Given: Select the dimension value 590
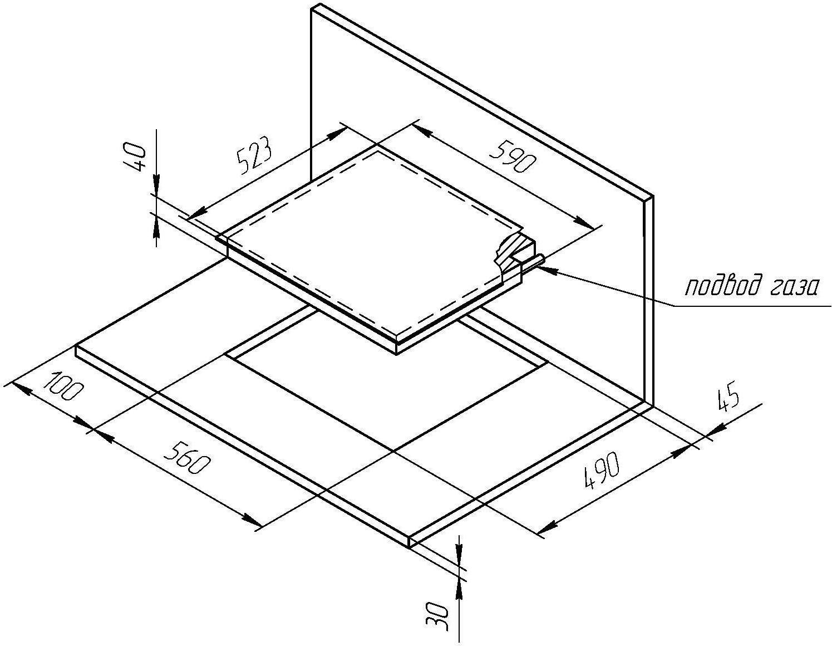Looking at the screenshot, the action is [511, 158].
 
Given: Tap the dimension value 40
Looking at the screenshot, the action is [135, 157].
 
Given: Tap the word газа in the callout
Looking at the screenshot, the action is [795, 288].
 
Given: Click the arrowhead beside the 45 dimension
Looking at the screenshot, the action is [715, 429].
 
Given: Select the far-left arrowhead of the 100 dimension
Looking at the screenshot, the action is [22, 388].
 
